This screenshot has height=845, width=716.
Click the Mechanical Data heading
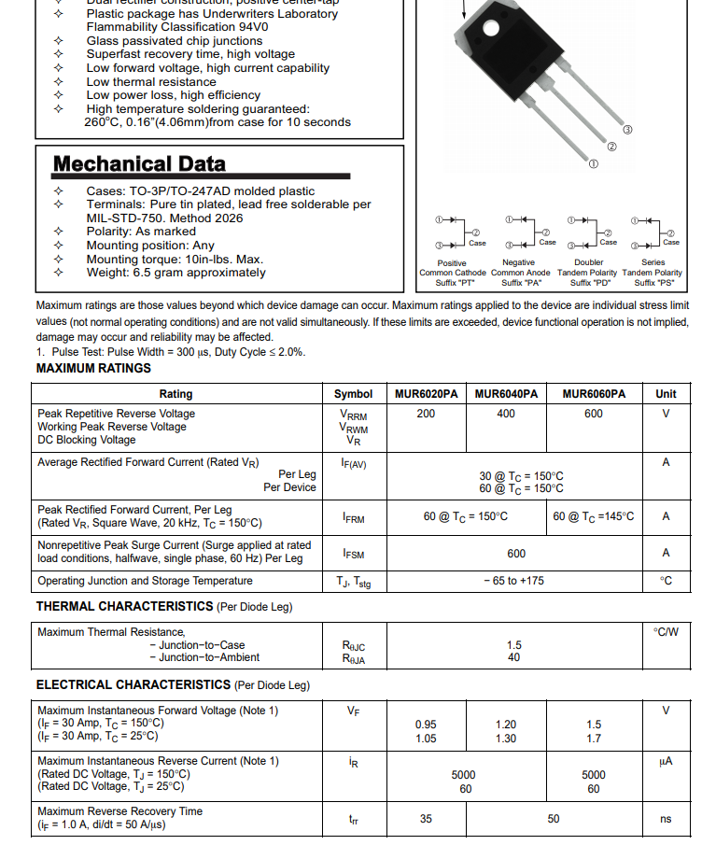click(139, 164)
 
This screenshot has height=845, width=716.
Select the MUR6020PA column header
click(426, 394)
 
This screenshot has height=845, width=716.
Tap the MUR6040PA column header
click(506, 394)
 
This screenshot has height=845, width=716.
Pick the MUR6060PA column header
click(594, 394)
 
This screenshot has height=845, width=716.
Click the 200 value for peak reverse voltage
click(426, 414)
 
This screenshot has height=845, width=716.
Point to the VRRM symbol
click(353, 415)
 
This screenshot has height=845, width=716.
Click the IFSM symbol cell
click(353, 554)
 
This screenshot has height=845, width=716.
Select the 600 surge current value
click(516, 553)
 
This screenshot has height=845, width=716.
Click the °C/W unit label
click(666, 632)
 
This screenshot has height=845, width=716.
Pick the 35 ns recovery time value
click(426, 819)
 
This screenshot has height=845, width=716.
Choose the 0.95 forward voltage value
click(426, 725)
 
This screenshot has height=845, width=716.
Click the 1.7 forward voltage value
click(594, 739)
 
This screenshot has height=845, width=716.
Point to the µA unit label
click(666, 761)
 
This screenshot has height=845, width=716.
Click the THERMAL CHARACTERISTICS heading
click(125, 607)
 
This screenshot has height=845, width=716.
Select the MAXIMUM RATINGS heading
click(93, 369)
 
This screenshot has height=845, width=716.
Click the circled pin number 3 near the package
click(628, 129)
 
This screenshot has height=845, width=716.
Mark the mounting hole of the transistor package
click(490, 26)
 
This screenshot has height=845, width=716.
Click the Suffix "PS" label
click(653, 282)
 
